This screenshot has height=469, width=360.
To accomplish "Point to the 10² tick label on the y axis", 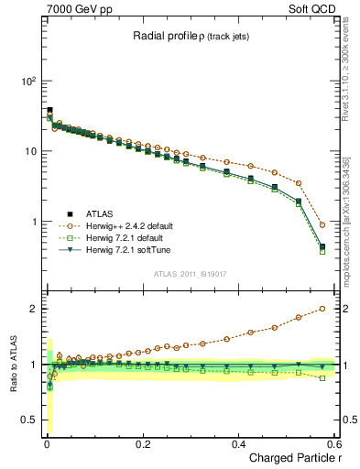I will click(27, 82).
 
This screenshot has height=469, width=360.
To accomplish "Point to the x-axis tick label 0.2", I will click(142, 444).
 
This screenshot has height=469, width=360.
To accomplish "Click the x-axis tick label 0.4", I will click(238, 444).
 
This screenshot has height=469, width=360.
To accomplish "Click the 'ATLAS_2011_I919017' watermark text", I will click(186, 273).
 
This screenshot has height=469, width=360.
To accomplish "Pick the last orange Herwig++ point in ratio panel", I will click(322, 309).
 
